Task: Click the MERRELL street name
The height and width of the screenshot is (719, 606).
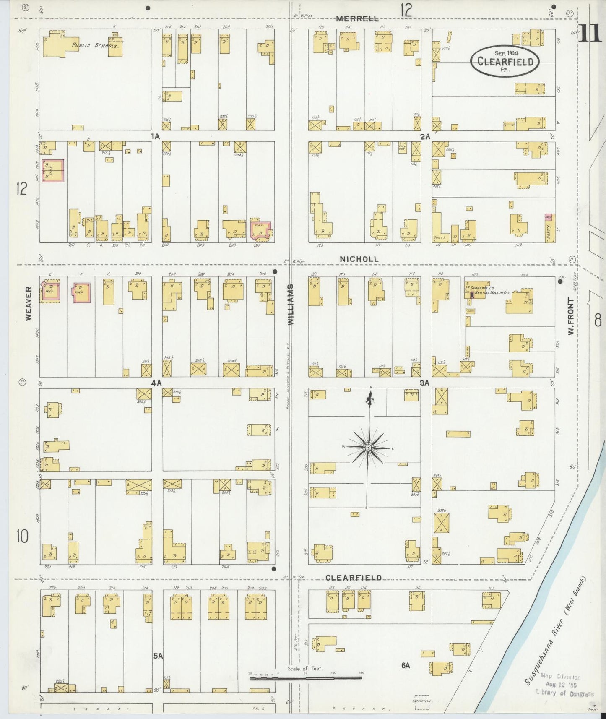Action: (358, 18)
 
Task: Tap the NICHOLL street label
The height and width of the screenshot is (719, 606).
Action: (359, 259)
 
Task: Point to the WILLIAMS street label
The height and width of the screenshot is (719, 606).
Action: (291, 305)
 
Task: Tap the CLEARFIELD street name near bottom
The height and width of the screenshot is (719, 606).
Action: (354, 578)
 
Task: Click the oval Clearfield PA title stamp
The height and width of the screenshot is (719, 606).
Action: (504, 62)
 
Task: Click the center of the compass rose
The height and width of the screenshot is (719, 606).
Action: (368, 448)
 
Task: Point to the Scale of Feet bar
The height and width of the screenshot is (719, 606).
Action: (305, 677)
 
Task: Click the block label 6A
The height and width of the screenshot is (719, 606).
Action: (405, 665)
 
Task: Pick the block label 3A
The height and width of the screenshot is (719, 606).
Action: (425, 383)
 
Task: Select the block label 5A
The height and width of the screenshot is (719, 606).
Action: (158, 656)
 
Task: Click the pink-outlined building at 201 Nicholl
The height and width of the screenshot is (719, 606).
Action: (260, 230)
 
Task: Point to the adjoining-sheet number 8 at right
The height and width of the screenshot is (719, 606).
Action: (597, 321)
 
